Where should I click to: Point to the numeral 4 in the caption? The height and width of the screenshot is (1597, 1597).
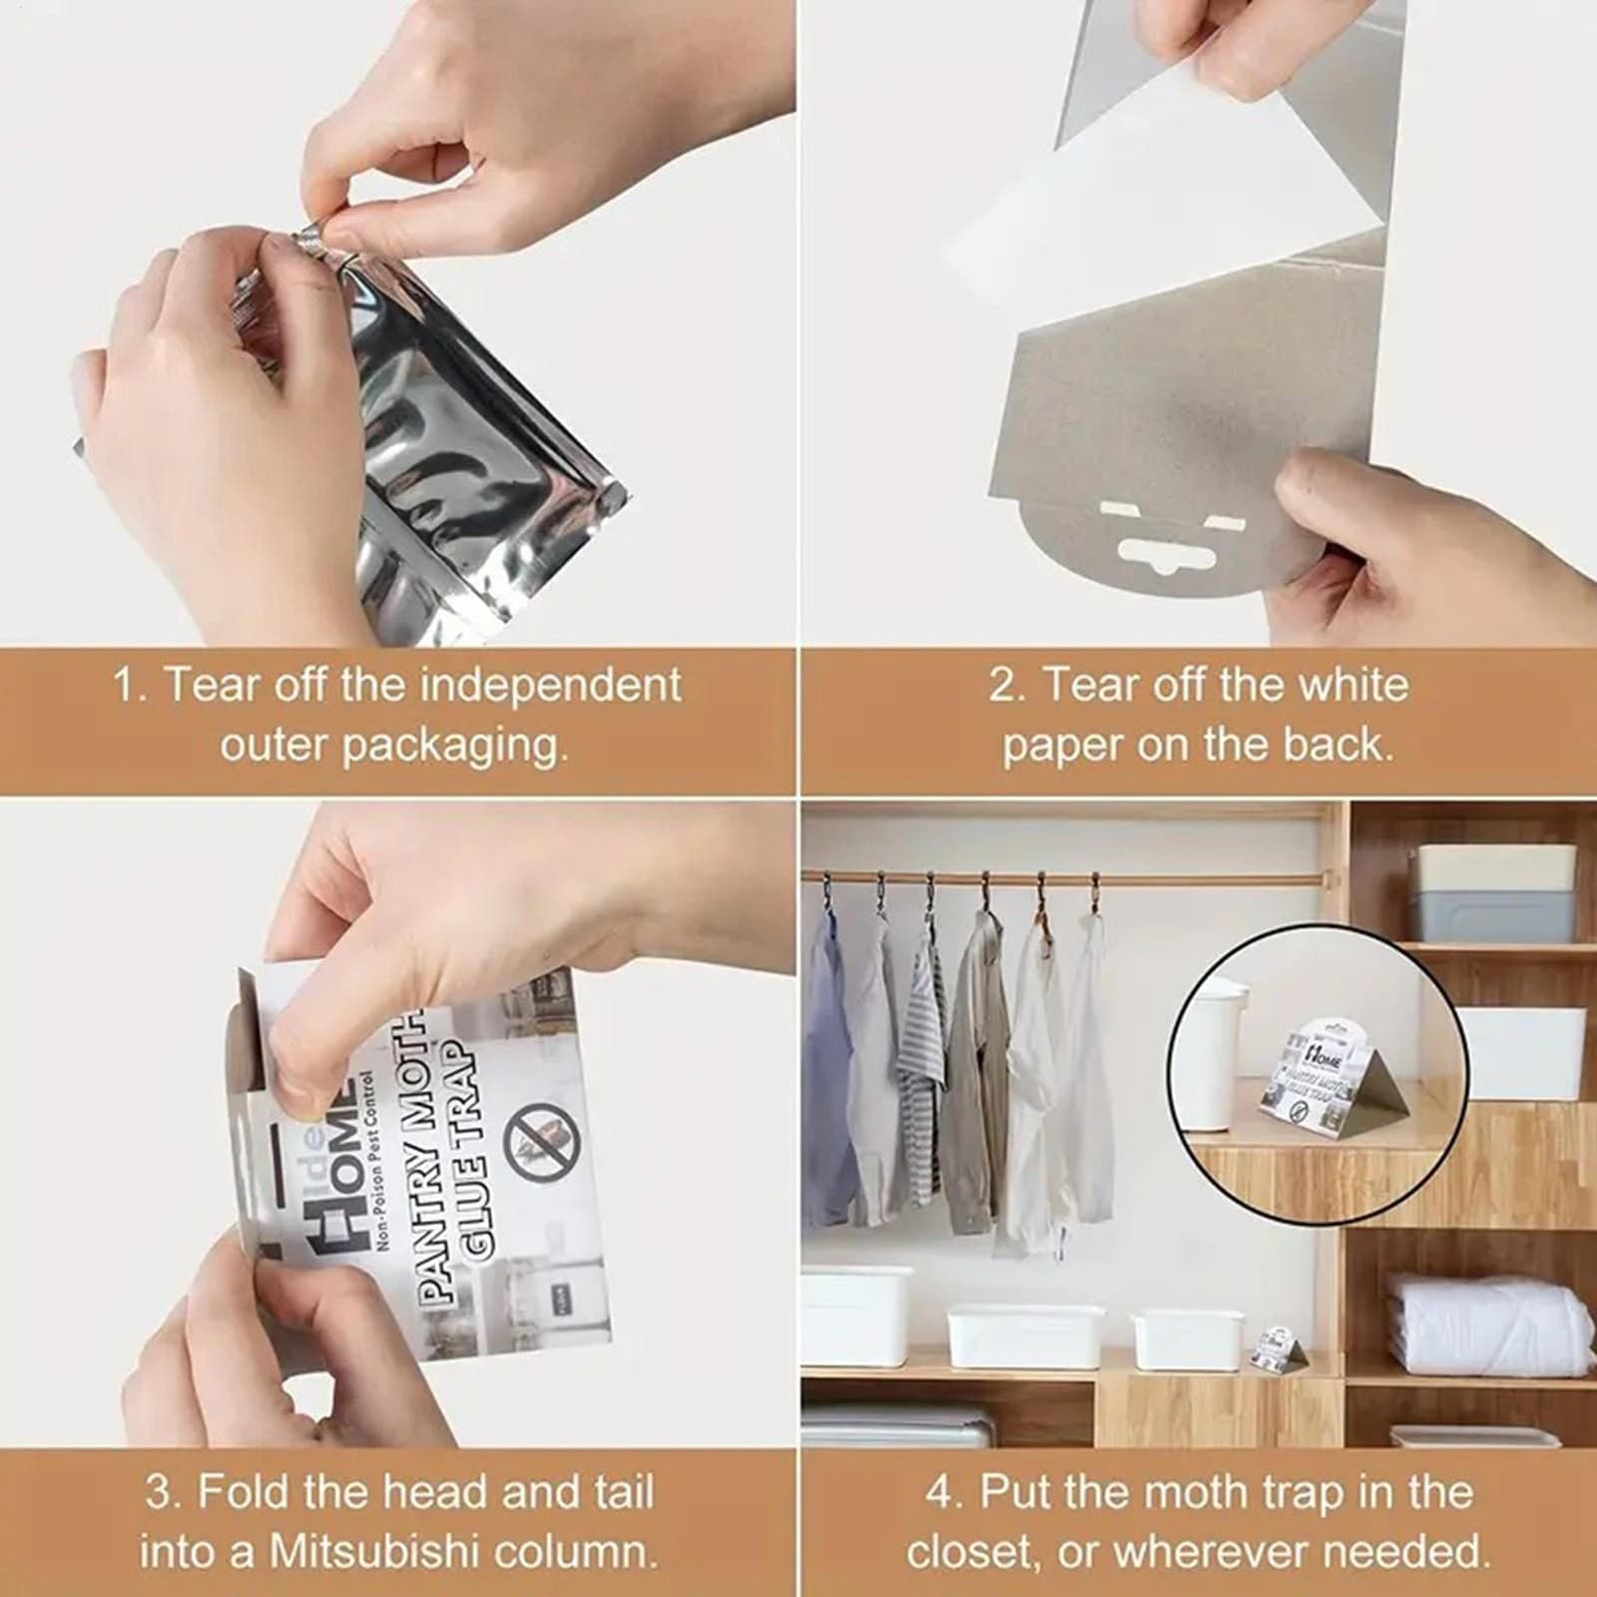939,1493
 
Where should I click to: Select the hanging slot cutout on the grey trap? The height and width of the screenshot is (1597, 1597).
1158,547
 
